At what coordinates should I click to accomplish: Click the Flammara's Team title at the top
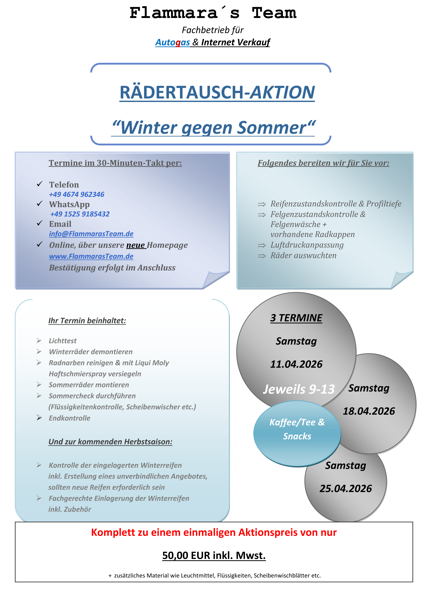[213, 13]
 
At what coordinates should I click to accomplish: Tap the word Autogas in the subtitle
[173, 42]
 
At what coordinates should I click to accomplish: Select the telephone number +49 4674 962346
[77, 194]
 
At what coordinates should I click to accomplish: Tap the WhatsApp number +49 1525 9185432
[80, 214]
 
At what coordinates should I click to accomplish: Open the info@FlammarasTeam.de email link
[91, 234]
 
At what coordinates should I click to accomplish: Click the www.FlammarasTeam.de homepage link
[91, 256]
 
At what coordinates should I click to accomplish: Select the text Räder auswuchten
[303, 255]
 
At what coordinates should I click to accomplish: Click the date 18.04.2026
[369, 411]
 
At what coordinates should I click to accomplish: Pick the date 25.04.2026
[346, 488]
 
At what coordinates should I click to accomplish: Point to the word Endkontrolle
[69, 418]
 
